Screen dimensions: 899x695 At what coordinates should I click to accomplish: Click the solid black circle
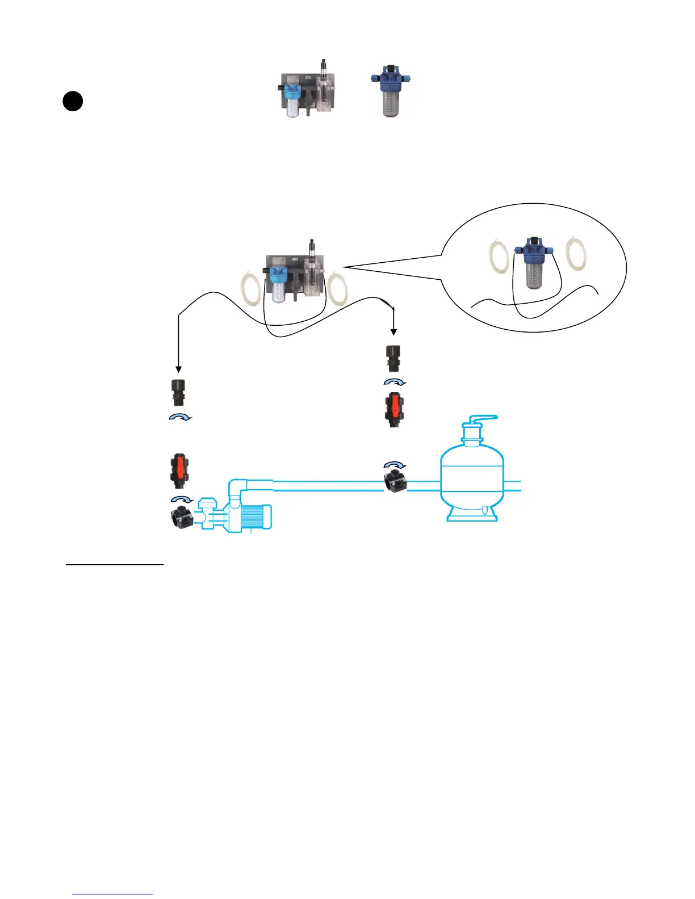(x=73, y=102)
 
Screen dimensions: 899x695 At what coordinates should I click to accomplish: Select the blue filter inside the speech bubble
(x=532, y=263)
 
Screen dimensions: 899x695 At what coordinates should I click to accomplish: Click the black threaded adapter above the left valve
(x=178, y=392)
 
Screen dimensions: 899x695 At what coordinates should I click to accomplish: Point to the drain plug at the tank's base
(x=484, y=511)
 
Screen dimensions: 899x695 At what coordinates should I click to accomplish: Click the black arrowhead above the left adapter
(x=178, y=368)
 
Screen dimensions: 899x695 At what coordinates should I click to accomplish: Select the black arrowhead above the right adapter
(x=393, y=332)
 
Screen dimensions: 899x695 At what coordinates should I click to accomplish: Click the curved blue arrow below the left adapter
(x=181, y=418)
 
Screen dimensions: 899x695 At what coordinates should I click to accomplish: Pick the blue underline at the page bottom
(x=113, y=894)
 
